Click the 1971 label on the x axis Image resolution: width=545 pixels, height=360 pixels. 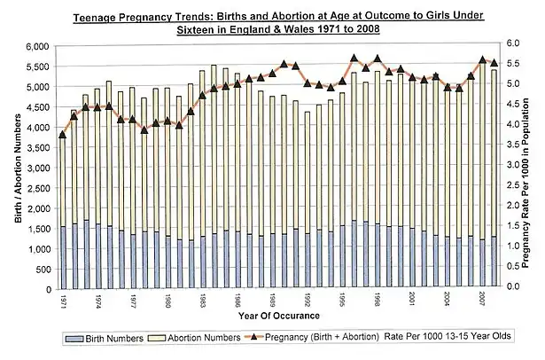pos(63,301)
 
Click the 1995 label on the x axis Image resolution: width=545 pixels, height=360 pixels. pos(342,301)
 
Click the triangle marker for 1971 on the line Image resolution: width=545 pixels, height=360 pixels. pos(62,135)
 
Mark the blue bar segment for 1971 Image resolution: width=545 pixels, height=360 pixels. pos(62,257)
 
